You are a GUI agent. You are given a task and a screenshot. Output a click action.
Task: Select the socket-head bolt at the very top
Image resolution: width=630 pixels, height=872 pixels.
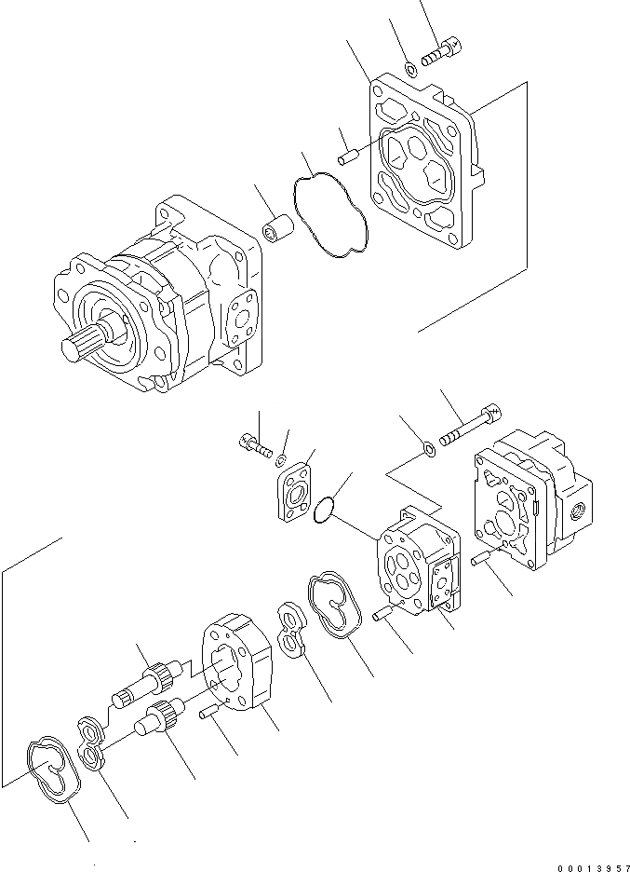click(442, 50)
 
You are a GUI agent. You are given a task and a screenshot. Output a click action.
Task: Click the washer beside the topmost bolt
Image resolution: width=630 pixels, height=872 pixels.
click(410, 67)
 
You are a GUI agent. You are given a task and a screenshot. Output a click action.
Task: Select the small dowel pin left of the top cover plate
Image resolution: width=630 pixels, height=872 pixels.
click(346, 156)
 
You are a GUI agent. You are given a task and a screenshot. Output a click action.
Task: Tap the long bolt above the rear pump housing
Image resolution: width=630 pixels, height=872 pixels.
click(471, 428)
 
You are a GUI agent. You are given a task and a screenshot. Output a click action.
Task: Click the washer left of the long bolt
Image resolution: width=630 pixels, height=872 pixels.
click(430, 450)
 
